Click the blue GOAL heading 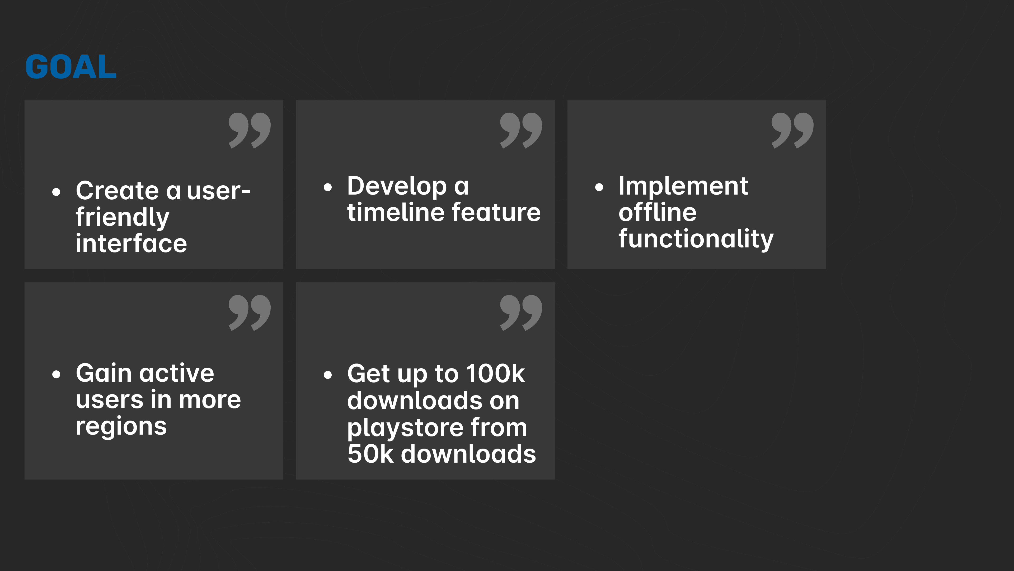tap(71, 66)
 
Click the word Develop tap(397, 186)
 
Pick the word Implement tap(683, 186)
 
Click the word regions tap(121, 427)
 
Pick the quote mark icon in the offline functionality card tap(792, 130)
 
